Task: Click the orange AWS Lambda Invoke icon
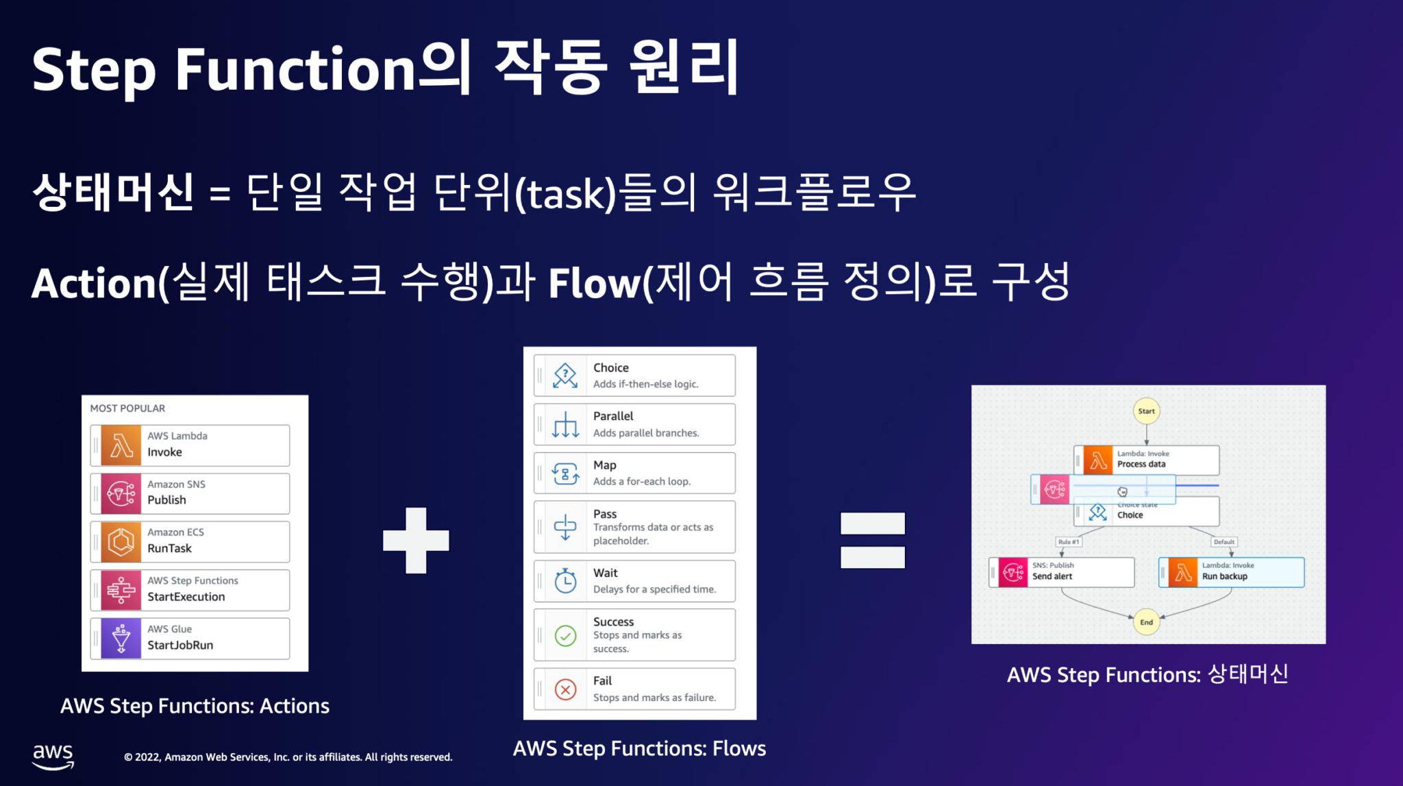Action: pos(121,445)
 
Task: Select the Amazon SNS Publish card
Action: pos(190,493)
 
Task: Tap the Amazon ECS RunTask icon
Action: pos(121,542)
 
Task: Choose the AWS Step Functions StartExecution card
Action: pos(190,590)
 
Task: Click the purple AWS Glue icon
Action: pos(121,639)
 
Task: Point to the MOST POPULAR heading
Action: pos(127,408)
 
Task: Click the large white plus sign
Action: pos(416,541)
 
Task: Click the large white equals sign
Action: pos(872,541)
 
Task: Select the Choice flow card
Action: pos(634,376)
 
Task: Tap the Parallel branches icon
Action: pos(565,425)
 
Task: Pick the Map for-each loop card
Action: pos(634,473)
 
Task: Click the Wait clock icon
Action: pos(565,581)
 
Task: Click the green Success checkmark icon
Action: pos(565,636)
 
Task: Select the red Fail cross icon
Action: pos(565,689)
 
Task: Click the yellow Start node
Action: pos(1146,411)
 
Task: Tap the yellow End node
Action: pos(1146,622)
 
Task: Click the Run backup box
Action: pos(1232,572)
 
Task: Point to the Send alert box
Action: pos(1062,572)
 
